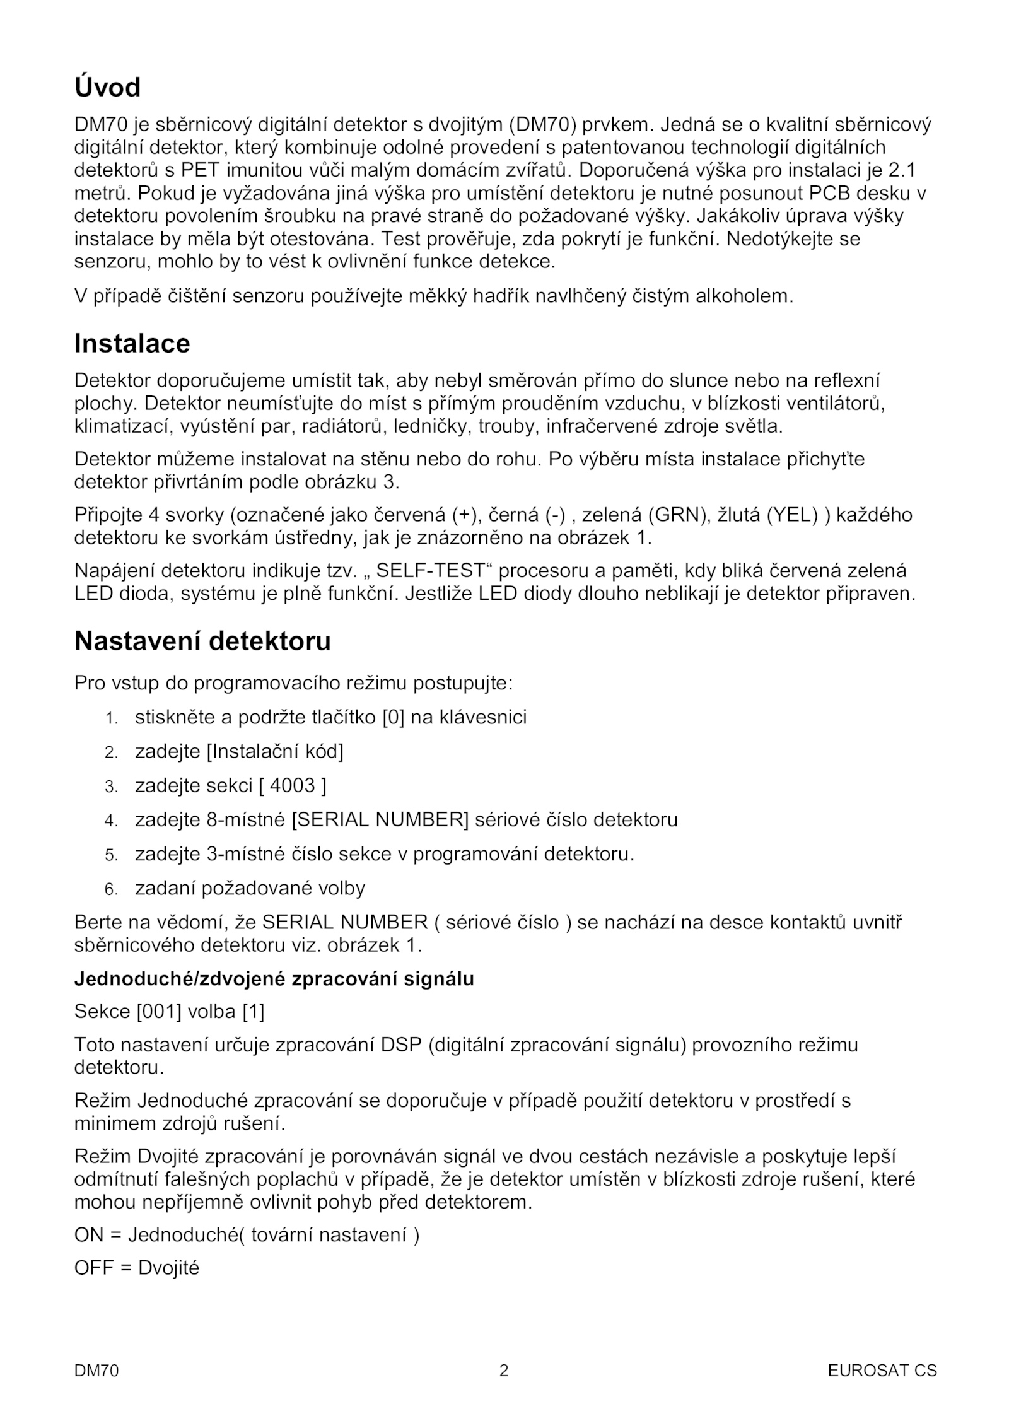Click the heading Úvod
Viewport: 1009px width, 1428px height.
point(107,88)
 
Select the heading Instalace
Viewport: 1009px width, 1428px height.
point(132,344)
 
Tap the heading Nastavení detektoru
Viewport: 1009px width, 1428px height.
point(202,641)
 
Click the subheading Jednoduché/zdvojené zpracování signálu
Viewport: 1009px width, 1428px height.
point(274,979)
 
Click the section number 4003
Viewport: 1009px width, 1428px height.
point(292,786)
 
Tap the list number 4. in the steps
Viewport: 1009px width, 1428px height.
point(112,821)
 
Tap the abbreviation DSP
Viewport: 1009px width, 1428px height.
point(401,1045)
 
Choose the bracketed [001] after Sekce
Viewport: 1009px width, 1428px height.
point(159,1012)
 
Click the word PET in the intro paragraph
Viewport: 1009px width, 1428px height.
point(200,170)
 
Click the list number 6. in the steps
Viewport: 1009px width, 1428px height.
point(112,890)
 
